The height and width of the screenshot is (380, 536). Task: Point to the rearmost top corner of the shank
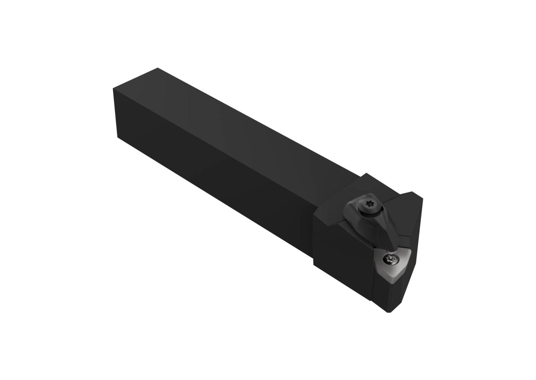tap(158, 68)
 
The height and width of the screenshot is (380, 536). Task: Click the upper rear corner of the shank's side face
tap(113, 89)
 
